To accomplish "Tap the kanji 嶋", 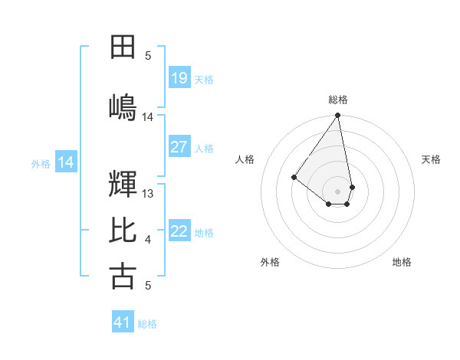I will pos(123,106).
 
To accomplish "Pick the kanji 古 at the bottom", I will pos(123,276).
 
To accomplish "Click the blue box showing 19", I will pos(179,77).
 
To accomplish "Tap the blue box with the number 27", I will pos(179,147).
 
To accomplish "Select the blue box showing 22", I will pos(179,231).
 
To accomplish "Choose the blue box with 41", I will pos(123,322).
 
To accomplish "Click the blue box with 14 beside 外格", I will pos(66,162).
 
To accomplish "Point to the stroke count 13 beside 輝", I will pos(149,194).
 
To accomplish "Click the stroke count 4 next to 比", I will pos(148,241).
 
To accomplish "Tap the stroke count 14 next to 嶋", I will pos(148,117).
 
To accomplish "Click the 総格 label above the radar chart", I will pos(338,100).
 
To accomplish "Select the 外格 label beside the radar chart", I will pos(270,262).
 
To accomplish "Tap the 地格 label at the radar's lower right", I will pos(402,262).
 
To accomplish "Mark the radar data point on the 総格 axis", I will pos(337,116).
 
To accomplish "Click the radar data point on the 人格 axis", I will pos(294,177).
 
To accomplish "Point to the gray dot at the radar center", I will pos(337,191).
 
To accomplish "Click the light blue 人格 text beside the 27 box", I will pos(204,148).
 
